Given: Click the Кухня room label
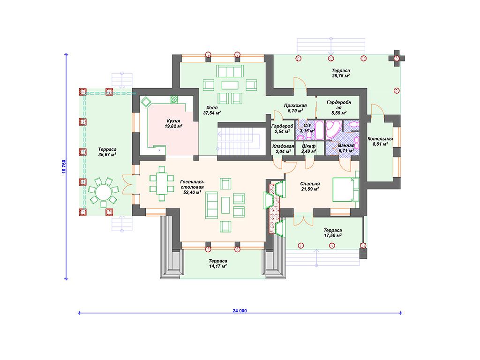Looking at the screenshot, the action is [173, 121].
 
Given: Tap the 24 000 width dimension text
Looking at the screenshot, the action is [240, 310].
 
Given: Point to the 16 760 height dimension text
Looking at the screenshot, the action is [64, 166].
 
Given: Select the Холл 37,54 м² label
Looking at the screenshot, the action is [212, 110].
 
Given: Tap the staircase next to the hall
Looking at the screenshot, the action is [238, 142].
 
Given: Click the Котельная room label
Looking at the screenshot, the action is [380, 139].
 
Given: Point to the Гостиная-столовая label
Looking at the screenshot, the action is [192, 184].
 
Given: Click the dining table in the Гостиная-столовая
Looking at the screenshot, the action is [161, 183].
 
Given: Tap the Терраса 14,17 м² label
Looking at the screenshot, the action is [218, 263].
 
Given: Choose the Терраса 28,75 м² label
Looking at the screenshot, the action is [341, 73].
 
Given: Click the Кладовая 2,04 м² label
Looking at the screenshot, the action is [283, 149].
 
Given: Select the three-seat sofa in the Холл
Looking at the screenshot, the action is [230, 71].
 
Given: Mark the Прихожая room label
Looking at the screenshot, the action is [295, 105].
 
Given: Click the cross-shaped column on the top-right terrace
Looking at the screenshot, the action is [397, 58].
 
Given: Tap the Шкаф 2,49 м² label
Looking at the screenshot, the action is [308, 149].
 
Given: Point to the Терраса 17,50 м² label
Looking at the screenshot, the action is [333, 233].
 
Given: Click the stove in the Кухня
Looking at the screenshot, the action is [174, 99].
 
